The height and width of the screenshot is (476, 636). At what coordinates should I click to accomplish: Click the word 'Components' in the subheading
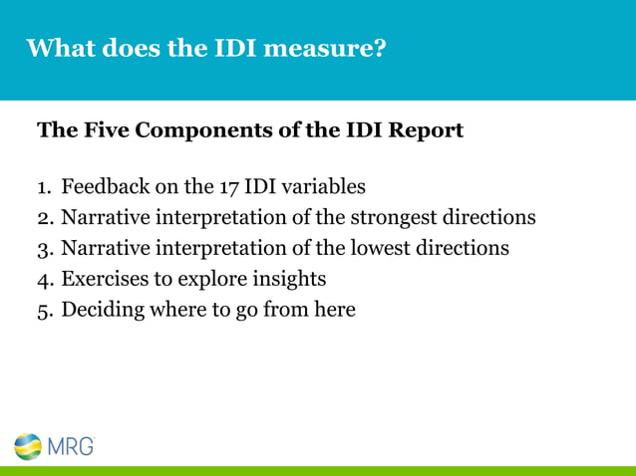pos(194,130)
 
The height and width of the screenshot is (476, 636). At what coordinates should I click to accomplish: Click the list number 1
pos(43,187)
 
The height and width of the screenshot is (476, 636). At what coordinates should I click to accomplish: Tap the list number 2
pos(44,218)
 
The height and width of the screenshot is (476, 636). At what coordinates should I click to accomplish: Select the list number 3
pos(44,249)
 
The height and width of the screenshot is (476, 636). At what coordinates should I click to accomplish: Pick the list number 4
pos(44,280)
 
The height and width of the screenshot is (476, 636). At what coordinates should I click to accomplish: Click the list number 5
pos(44,311)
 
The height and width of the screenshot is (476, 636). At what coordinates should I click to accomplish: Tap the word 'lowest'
pos(375,249)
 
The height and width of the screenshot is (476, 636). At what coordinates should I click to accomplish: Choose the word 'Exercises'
pos(105,280)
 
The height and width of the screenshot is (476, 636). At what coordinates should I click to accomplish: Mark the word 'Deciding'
pos(103,311)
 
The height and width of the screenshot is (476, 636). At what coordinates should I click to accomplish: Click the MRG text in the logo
pos(72,446)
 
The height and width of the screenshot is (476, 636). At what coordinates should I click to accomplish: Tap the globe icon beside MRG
pos(28,446)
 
